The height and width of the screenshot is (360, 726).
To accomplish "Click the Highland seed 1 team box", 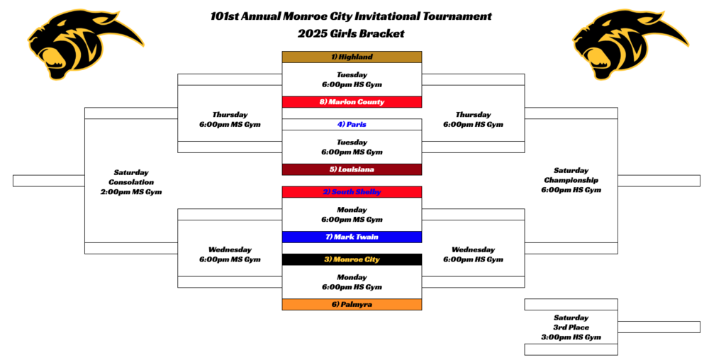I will (352, 57).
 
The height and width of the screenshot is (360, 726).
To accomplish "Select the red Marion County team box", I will (352, 102).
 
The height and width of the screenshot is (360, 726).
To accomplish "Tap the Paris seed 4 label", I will (352, 125).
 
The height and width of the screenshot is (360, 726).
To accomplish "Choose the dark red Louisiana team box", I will (352, 170).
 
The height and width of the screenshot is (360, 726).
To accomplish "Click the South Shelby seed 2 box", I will (352, 192).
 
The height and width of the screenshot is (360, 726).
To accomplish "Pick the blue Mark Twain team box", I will (352, 237).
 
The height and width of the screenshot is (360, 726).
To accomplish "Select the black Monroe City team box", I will (352, 259).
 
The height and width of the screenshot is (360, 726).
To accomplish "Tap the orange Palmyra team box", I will (352, 305).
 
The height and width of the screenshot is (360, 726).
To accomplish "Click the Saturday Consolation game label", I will (131, 182).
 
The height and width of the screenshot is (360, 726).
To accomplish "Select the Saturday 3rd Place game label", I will (571, 327).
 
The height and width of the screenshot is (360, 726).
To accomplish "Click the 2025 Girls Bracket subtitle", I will (351, 33).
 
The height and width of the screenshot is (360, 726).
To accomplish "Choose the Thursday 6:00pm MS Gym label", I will (230, 119).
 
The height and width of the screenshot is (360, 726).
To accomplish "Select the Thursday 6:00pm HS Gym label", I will (473, 119).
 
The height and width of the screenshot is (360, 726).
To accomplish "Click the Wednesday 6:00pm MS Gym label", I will (230, 254).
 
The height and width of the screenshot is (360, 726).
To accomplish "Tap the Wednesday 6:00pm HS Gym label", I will (473, 254).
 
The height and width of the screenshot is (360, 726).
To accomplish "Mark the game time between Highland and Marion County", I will (352, 79).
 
